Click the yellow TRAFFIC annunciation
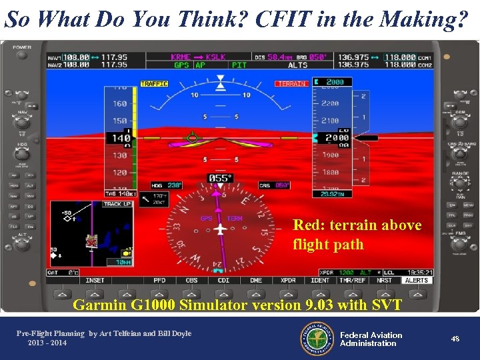point(154,84)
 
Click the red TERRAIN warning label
point(291,84)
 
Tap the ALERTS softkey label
point(417,281)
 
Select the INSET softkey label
point(95,281)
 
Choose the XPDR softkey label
point(288,281)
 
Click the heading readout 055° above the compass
point(220,178)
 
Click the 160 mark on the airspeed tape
point(120,103)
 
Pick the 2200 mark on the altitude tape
point(330,103)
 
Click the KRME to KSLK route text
point(198,57)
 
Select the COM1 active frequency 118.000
point(399,57)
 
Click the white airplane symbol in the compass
point(220,229)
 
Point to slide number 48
point(455,339)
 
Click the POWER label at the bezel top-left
point(22,47)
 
